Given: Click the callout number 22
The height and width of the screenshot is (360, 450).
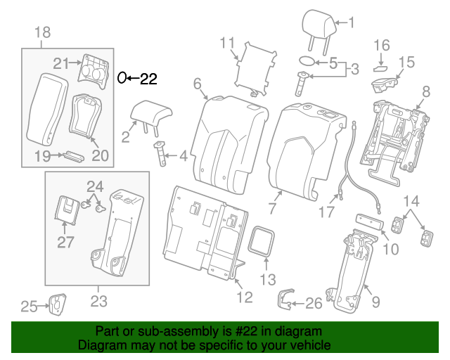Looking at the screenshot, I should pyautogui.click(x=149, y=79).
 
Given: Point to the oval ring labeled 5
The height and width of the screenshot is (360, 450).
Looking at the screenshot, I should pyautogui.click(x=307, y=62).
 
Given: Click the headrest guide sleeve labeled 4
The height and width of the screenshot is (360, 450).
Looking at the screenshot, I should pyautogui.click(x=160, y=152).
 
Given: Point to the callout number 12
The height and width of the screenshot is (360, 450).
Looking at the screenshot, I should pyautogui.click(x=243, y=297).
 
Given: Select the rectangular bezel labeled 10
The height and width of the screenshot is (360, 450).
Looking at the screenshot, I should pyautogui.click(x=371, y=220).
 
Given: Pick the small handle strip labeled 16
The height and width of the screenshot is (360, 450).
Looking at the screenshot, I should pyautogui.click(x=380, y=67).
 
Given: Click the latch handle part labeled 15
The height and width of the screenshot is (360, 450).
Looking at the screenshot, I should pyautogui.click(x=384, y=86).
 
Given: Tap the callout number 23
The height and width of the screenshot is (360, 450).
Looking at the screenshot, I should pyautogui.click(x=98, y=302).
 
